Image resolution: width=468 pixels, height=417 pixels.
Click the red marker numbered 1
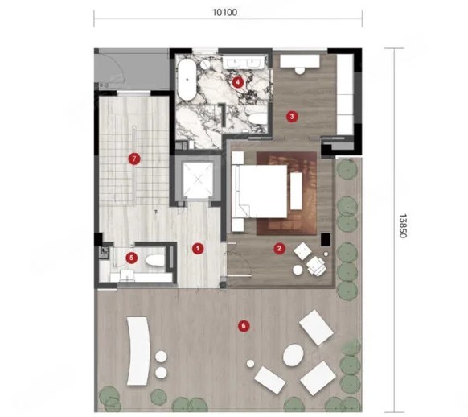coord(198,249)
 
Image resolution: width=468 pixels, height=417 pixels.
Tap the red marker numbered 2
coord(279,248)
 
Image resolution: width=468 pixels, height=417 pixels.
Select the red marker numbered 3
coord(292,116)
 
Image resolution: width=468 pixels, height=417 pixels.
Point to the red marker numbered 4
coord(237,82)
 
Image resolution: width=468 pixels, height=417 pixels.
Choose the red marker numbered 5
coord(131,258)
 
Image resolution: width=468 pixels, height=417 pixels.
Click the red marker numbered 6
coord(244,326)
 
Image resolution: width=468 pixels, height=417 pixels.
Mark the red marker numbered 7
coord(134,159)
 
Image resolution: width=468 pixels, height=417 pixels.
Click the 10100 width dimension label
coord(225,13)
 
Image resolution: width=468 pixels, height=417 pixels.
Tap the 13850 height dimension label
coord(403,226)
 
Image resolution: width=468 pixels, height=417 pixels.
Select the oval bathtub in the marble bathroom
coord(187,79)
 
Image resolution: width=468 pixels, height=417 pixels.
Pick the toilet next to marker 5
coord(155,260)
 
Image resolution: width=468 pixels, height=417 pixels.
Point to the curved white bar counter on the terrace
coord(139,351)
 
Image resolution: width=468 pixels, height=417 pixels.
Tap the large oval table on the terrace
coord(294,355)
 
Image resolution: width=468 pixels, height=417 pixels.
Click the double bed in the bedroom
coord(260,192)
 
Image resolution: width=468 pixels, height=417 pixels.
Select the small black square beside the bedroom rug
coord(326,240)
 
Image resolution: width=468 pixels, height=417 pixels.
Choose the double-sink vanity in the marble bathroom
coord(244,62)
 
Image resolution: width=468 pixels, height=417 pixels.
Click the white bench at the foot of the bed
coord(296,191)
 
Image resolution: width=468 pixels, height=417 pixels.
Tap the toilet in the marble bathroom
coord(258,118)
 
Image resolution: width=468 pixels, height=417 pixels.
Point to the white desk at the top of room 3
coord(300,61)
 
